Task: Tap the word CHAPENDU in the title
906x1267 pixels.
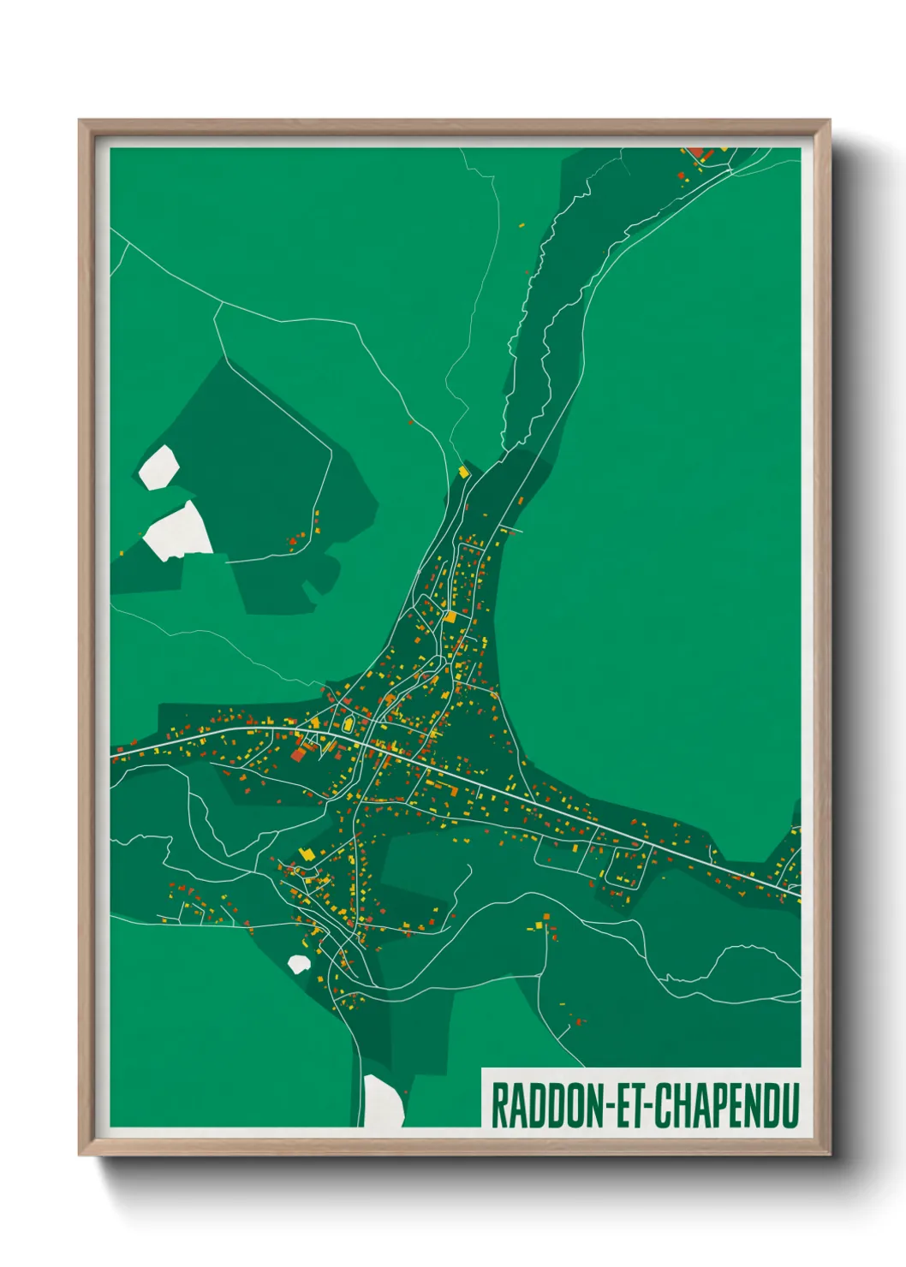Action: point(726,1105)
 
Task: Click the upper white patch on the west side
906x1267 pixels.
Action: point(158,467)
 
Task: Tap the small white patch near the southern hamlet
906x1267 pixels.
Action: point(298,964)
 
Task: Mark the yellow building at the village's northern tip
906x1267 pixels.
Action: point(464,471)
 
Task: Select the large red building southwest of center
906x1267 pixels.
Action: point(299,752)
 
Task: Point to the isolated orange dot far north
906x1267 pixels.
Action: point(522,225)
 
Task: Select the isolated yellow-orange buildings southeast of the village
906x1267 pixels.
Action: point(543,921)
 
